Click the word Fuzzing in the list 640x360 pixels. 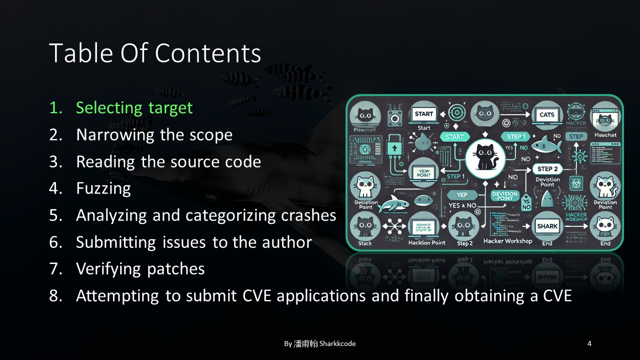103,188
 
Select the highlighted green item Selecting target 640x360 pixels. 134,108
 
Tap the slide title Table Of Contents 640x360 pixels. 155,53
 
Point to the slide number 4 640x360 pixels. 589,343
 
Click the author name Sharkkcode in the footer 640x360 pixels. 337,343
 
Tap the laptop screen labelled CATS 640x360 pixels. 547,114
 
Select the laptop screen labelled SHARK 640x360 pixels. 547,226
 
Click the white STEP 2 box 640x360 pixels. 547,169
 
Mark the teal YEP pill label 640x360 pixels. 461,195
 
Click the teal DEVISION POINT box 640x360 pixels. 504,195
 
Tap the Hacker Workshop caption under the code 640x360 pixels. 507,241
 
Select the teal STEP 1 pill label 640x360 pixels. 516,136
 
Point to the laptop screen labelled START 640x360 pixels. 424,114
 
